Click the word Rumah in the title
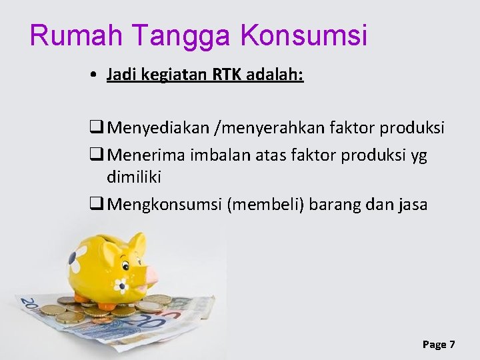coord(71,35)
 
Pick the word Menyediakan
coord(157,127)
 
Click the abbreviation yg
coord(419,156)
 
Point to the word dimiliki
coord(133,177)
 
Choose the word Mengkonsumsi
coord(165,204)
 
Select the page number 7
coord(452,344)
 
